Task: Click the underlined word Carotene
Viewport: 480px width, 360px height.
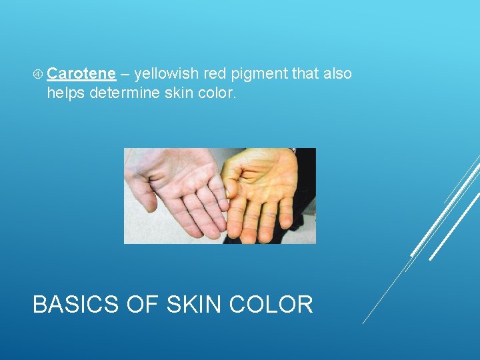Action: pyautogui.click(x=81, y=73)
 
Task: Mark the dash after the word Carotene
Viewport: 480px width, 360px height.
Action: pyautogui.click(x=125, y=73)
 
